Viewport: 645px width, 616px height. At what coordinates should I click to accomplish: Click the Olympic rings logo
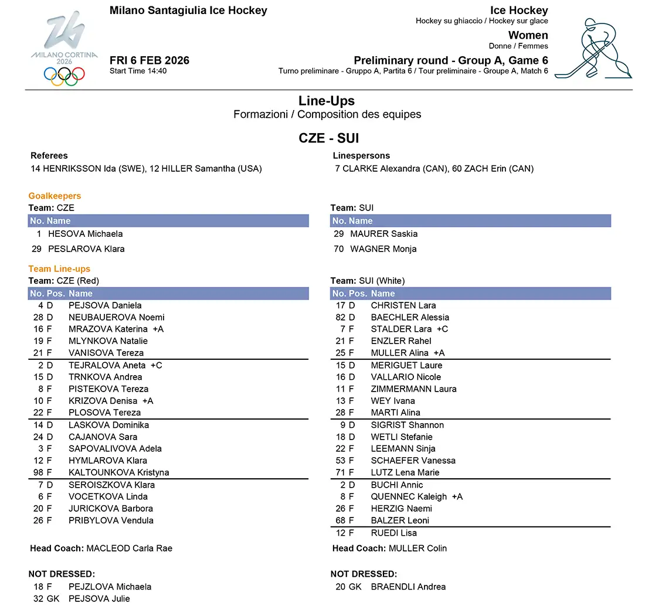click(x=64, y=76)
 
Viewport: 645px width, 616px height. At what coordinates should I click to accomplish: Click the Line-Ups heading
click(x=326, y=101)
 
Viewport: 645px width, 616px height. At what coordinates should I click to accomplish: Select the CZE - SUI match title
click(x=328, y=138)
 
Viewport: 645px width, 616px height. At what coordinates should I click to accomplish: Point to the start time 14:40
click(x=138, y=71)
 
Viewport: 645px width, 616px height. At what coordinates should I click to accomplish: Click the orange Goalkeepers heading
click(x=55, y=196)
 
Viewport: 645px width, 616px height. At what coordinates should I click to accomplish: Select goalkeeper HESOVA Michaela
click(x=85, y=234)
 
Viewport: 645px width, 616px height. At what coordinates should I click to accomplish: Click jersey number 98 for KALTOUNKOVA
click(x=39, y=472)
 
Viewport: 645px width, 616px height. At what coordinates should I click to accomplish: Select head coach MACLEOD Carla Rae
click(x=129, y=549)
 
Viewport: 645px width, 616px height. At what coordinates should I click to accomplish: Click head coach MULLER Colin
click(x=417, y=549)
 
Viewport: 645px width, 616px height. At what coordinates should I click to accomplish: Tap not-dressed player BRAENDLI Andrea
click(x=408, y=587)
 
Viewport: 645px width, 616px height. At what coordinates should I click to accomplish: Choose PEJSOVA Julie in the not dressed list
click(x=99, y=598)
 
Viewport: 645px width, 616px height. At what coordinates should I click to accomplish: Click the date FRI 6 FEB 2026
click(x=149, y=60)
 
